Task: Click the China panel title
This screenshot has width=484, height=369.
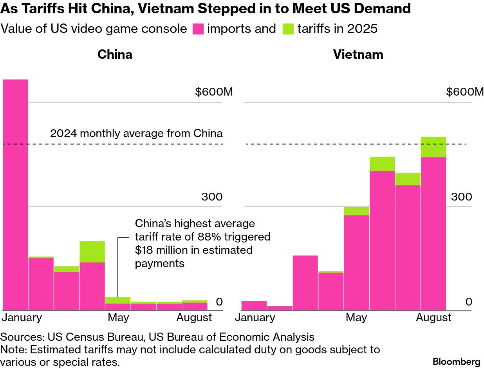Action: [x=115, y=54]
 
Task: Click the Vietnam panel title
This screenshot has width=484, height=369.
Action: [x=358, y=54]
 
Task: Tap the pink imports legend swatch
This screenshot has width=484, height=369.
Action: [x=198, y=29]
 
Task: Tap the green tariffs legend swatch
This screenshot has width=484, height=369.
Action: [x=288, y=29]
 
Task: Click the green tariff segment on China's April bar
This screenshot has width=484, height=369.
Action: [x=92, y=251]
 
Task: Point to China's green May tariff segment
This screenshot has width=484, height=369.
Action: [x=118, y=300]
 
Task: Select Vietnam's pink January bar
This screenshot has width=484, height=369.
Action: [x=254, y=306]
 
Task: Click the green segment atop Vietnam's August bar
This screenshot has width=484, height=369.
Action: [x=433, y=147]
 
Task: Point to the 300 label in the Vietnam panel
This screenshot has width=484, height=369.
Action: [x=461, y=197]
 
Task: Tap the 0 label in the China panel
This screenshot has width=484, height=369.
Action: [x=219, y=302]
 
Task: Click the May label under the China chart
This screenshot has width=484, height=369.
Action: [x=118, y=317]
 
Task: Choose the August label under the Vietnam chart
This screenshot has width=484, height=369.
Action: [x=433, y=317]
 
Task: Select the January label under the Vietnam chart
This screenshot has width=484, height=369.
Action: [x=255, y=317]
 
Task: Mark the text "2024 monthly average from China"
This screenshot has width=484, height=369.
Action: [x=136, y=134]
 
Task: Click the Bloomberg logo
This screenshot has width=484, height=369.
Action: [x=457, y=361]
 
